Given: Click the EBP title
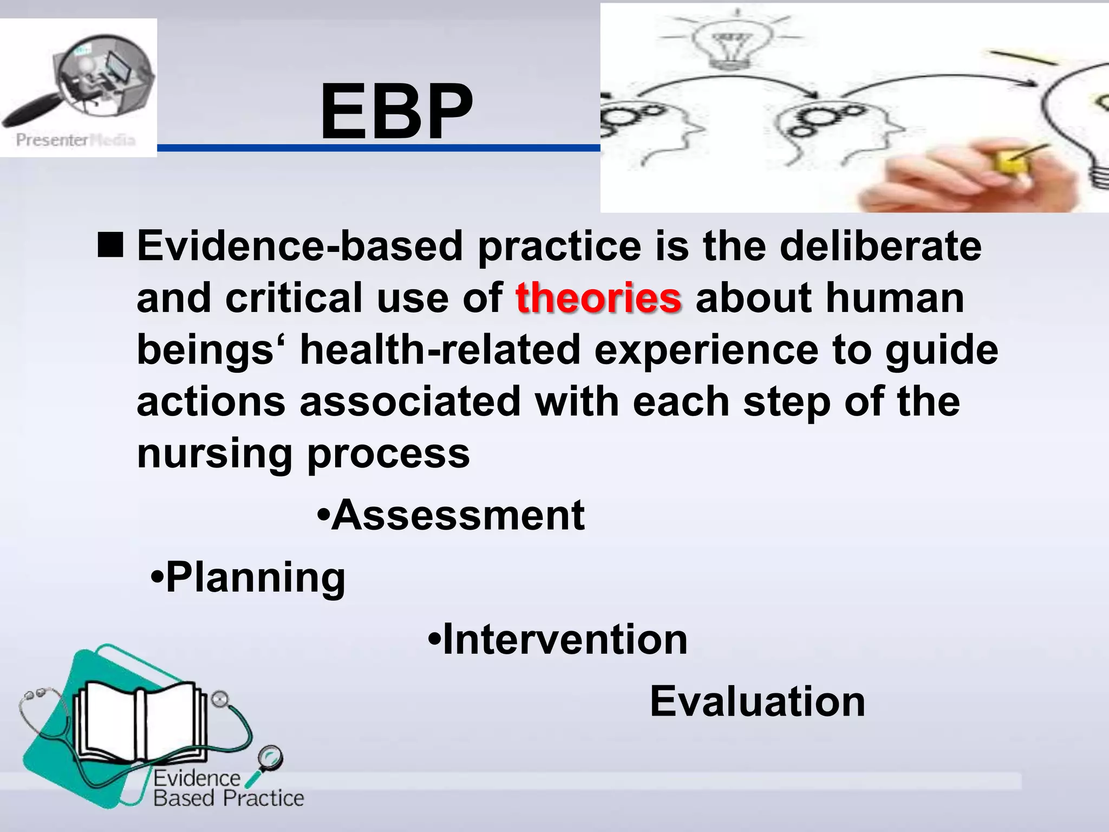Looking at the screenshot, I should (396, 112).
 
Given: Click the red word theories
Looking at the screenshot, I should (598, 298).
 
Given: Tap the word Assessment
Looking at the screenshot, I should (458, 515).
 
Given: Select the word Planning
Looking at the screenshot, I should (255, 578).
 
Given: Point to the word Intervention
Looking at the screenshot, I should (565, 640).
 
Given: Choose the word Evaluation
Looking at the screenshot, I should (758, 702).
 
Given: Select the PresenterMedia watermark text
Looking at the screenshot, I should (75, 140).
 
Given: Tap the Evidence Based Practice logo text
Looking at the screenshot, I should (227, 789).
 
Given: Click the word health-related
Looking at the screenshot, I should (440, 350).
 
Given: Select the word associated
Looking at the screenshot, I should (410, 402).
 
